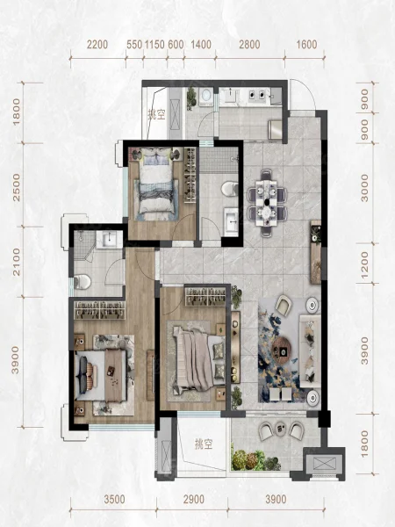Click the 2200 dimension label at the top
click(97, 45)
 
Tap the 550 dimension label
click(134, 45)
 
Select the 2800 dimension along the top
click(249, 45)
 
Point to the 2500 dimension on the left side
click(16, 188)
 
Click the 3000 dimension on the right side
click(364, 188)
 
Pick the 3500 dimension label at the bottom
click(114, 499)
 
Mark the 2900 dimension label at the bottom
click(194, 499)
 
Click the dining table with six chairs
click(268, 203)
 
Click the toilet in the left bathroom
click(82, 282)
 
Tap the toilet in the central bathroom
click(230, 188)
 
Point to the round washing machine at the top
click(205, 95)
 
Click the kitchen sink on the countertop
click(231, 95)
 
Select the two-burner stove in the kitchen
click(258, 95)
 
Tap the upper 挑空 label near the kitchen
click(157, 115)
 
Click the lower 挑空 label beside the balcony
click(204, 444)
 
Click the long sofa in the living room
click(310, 350)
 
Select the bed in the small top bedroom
click(157, 184)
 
